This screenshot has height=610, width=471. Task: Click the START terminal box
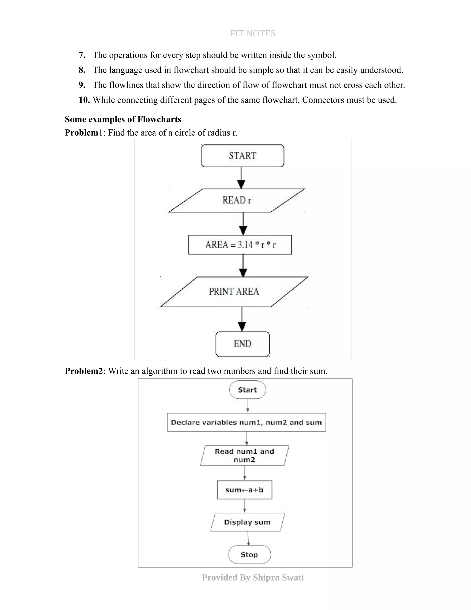coord(242,156)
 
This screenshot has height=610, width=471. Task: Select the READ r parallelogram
coord(237,200)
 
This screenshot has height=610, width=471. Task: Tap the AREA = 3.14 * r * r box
coord(240,245)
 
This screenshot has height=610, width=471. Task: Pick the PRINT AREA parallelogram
coord(234,292)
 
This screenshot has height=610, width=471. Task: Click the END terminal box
coord(242,344)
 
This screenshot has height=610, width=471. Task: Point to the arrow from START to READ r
coord(241,178)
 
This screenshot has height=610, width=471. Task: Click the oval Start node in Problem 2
coord(247,390)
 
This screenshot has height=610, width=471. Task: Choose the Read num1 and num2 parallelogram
coord(244,455)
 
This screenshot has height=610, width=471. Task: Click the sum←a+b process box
coord(244,490)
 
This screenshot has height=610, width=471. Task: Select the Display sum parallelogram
coord(247,522)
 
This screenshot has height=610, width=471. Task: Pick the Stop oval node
coord(249,555)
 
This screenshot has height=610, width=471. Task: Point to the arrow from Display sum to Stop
coord(248,538)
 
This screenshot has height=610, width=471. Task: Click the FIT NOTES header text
coord(253,34)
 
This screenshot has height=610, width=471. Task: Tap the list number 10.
coord(84,100)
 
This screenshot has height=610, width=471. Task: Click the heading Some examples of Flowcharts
coord(123,119)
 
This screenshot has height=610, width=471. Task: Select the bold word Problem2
coord(84,371)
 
